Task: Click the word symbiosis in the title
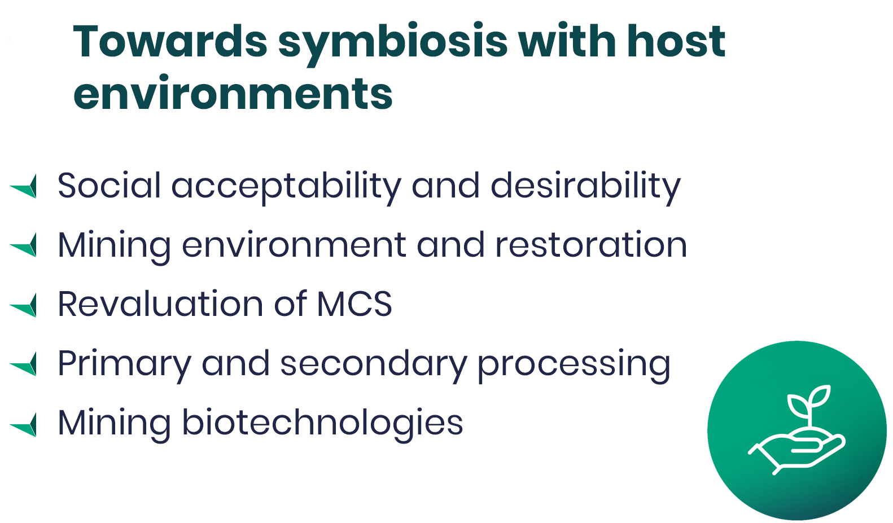click(x=393, y=44)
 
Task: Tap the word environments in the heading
click(x=233, y=93)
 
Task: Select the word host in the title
click(x=676, y=41)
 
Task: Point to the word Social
click(x=109, y=185)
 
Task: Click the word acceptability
click(x=286, y=188)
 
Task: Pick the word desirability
click(x=585, y=188)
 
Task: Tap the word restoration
click(x=591, y=244)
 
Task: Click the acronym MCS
click(x=354, y=304)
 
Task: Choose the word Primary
click(x=124, y=365)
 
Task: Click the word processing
click(x=574, y=366)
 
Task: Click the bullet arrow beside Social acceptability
click(x=24, y=186)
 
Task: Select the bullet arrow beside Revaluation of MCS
click(x=24, y=305)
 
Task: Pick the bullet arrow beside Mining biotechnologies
click(x=24, y=425)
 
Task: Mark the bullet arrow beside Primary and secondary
click(x=24, y=364)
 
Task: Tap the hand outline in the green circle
click(x=797, y=454)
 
